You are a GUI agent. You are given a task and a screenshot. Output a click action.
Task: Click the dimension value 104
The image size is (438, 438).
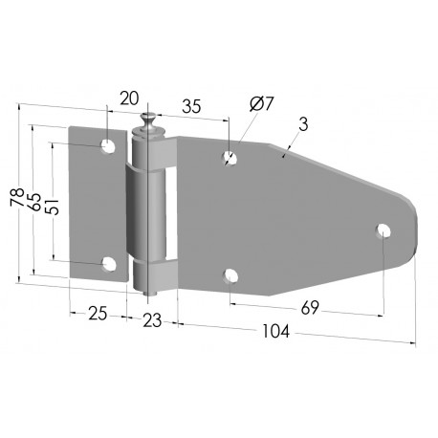[275, 331]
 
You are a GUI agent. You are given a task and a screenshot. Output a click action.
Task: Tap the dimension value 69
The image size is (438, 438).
[310, 308]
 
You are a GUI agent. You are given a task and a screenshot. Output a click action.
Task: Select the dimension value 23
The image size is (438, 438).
[152, 320]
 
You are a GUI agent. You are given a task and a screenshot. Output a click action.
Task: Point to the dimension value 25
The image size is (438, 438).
[98, 314]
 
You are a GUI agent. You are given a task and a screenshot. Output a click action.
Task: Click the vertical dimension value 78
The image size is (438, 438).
[17, 198]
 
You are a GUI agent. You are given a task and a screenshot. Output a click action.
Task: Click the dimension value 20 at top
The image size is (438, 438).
[129, 99]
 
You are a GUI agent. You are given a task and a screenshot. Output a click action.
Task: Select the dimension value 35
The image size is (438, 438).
[191, 106]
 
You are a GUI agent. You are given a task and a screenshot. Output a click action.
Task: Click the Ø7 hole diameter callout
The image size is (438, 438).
[262, 104]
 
